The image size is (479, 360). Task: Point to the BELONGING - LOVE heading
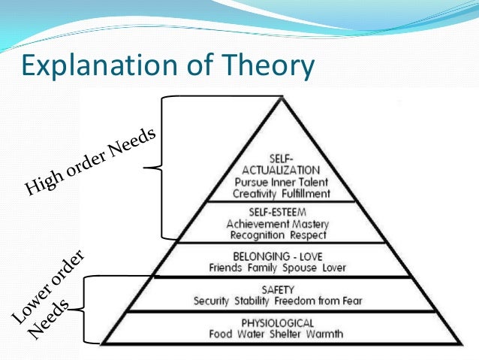point(282,256)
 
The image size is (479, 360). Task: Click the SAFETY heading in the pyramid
point(281,289)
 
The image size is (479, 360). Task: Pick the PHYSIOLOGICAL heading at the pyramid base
point(282,323)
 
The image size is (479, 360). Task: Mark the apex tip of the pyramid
point(282,97)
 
